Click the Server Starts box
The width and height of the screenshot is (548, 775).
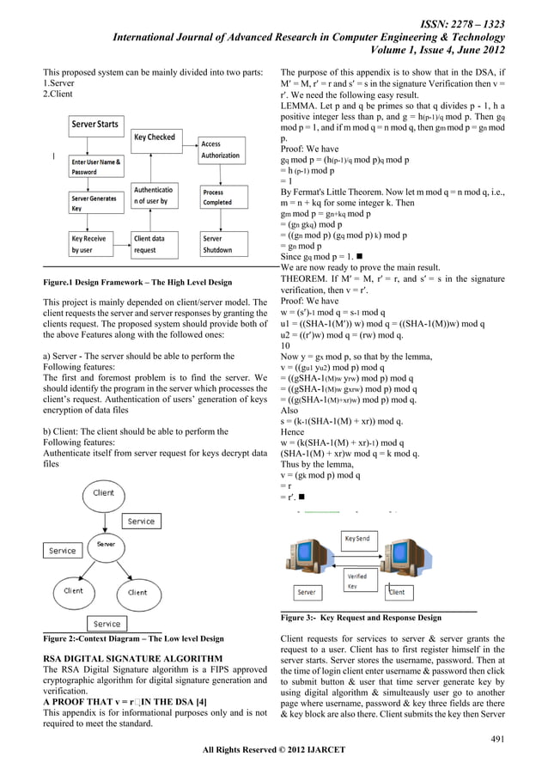click(x=95, y=125)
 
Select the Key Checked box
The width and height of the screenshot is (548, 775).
click(x=155, y=137)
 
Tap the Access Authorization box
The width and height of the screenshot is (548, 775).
click(x=221, y=150)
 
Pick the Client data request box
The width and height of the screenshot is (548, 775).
click(x=155, y=244)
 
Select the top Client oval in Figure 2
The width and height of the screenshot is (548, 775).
click(x=104, y=493)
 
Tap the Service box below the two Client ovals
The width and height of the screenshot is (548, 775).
click(x=107, y=624)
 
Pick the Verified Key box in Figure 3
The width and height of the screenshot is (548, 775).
click(x=357, y=581)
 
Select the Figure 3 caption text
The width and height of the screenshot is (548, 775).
click(x=361, y=618)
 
